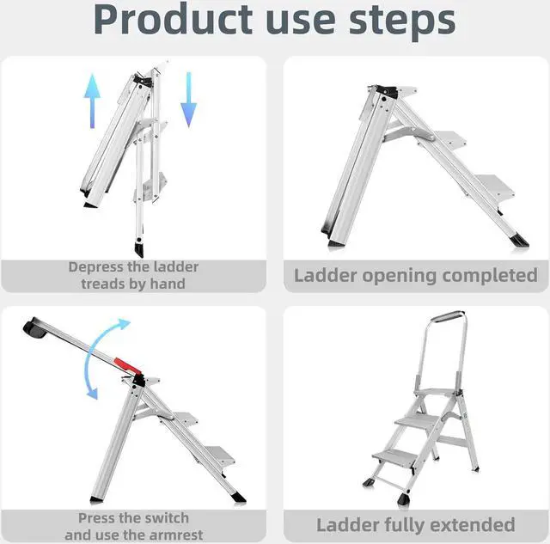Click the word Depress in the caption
[100, 267]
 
